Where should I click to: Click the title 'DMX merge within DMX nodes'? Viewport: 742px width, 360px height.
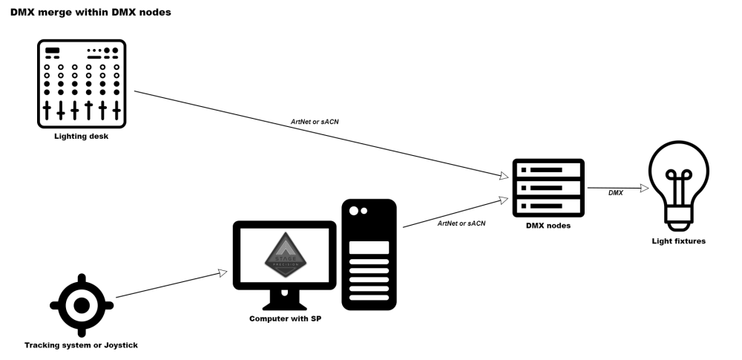click(x=91, y=12)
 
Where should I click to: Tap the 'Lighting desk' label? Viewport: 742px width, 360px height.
click(x=82, y=136)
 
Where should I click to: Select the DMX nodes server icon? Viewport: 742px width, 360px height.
click(x=550, y=186)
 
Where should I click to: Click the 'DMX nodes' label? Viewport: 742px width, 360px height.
click(x=550, y=225)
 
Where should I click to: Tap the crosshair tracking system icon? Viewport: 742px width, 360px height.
click(x=82, y=305)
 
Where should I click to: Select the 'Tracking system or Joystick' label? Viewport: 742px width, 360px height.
click(x=82, y=345)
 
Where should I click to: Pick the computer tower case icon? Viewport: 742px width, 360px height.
click(x=369, y=254)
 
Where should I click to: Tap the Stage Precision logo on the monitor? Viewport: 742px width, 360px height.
click(x=280, y=255)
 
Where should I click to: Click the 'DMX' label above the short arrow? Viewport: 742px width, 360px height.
click(x=616, y=193)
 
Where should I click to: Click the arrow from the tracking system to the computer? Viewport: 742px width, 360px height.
click(x=171, y=284)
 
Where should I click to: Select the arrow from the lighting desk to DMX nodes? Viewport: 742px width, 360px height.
click(x=319, y=134)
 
